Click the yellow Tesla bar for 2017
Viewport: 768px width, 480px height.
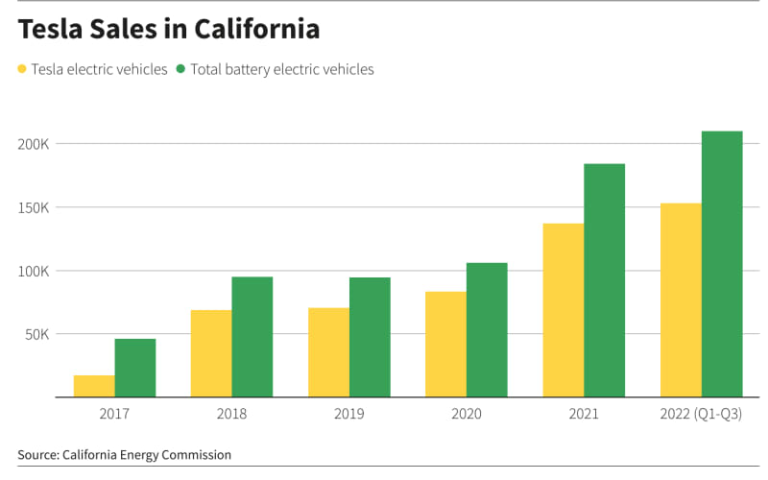tap(94, 386)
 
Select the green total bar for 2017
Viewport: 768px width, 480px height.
tap(135, 368)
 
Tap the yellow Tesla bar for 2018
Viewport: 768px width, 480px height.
tap(211, 353)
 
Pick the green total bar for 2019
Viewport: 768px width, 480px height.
tap(370, 337)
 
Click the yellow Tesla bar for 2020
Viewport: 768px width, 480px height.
tap(445, 344)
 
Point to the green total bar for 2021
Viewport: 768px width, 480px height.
tap(604, 280)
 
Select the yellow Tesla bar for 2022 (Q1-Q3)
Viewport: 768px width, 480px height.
tap(681, 300)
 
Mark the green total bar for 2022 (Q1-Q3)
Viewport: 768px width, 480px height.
tap(722, 264)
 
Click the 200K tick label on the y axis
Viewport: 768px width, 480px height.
tap(35, 144)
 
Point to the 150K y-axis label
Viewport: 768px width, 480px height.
tap(35, 207)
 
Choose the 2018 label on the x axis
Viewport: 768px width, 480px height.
tap(231, 414)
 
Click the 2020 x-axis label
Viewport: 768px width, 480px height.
tap(467, 414)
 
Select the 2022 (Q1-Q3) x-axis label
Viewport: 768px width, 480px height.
tap(701, 414)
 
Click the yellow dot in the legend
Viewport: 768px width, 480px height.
tap(22, 69)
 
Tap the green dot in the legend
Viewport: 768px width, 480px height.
tap(181, 69)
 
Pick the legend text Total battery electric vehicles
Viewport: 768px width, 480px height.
tap(282, 69)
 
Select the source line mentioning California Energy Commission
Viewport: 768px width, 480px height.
tap(125, 454)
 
